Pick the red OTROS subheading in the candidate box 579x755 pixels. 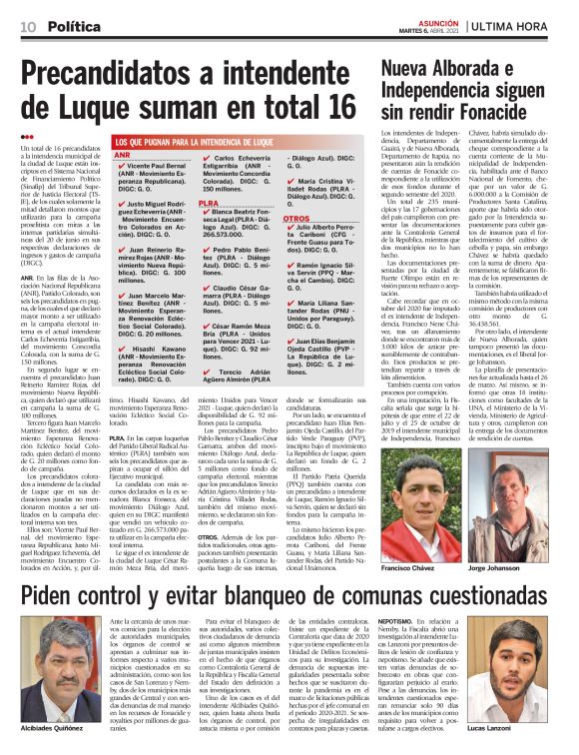click(x=296, y=218)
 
